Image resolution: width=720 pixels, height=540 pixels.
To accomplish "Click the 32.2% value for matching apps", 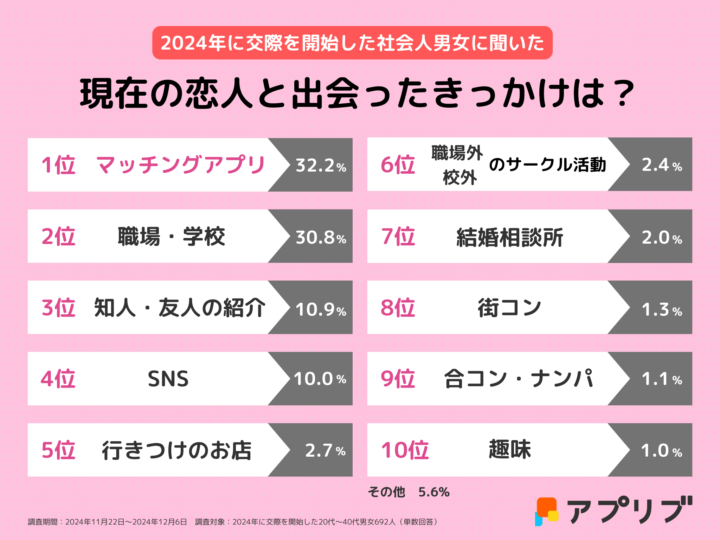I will coord(321,165).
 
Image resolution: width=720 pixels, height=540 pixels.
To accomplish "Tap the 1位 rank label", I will coord(58,165).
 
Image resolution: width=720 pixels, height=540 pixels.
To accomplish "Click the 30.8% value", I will coord(321,237).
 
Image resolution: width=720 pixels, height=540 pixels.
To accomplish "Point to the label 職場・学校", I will coord(171,237).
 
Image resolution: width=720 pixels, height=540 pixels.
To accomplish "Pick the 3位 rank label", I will coord(58,308).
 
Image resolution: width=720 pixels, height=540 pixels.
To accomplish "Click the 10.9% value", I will coord(321,309).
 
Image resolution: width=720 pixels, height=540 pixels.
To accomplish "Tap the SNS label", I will coord(168,379).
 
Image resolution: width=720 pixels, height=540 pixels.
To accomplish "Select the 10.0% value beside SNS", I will coord(320,379).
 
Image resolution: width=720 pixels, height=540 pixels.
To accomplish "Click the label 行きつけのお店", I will coord(177,450).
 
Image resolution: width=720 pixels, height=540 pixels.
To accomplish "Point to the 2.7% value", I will coord(325,451).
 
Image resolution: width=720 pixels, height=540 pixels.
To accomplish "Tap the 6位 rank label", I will coord(398,165).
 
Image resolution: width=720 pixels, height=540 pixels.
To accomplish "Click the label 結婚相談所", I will coord(510,238).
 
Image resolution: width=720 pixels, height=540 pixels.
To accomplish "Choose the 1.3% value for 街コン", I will coord(662,310).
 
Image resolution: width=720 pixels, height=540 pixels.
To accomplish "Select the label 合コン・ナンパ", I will coord(519,379).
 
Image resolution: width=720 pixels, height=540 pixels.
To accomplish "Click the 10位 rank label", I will coord(405,450).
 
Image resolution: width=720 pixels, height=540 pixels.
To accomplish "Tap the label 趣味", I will coord(510,450).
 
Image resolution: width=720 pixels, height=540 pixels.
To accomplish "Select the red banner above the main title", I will coord(352,43).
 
